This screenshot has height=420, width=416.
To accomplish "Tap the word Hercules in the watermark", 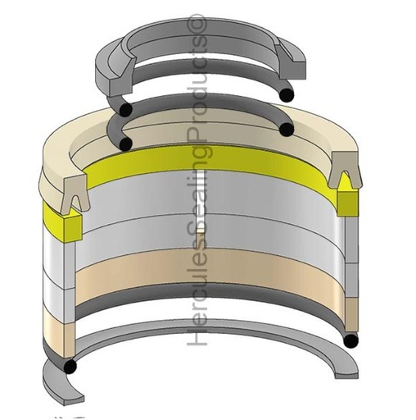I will [x=197, y=295].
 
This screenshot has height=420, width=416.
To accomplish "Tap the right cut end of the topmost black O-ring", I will [x=287, y=96].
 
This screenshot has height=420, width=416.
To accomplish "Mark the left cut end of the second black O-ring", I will [x=125, y=144].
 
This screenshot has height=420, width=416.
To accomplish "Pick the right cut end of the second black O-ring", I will [x=286, y=130].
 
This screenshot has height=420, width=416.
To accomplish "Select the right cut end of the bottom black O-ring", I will [x=351, y=340].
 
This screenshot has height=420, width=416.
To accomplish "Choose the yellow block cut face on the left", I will [x=69, y=221].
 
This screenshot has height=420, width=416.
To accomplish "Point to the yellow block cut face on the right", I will [x=345, y=200].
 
